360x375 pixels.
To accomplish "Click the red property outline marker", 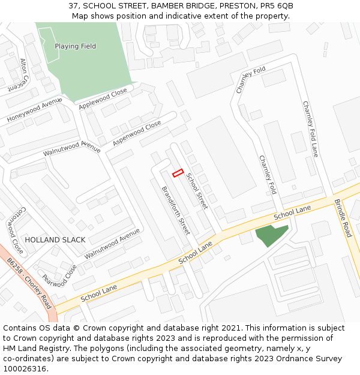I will (x=178, y=173).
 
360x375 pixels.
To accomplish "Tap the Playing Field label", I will (x=75, y=46).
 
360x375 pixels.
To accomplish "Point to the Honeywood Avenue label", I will (x=35, y=110).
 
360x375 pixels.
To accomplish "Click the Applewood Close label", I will (x=103, y=99).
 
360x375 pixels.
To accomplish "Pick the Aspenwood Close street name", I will (x=137, y=133).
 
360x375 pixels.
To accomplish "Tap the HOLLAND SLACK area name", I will (x=55, y=239).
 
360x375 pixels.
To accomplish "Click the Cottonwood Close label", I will (x=15, y=230).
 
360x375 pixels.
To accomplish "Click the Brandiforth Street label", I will (x=176, y=210).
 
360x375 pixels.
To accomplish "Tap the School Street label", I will (x=196, y=191).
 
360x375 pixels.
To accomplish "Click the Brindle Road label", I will (x=343, y=218).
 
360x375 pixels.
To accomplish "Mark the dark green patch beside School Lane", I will (x=271, y=235).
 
